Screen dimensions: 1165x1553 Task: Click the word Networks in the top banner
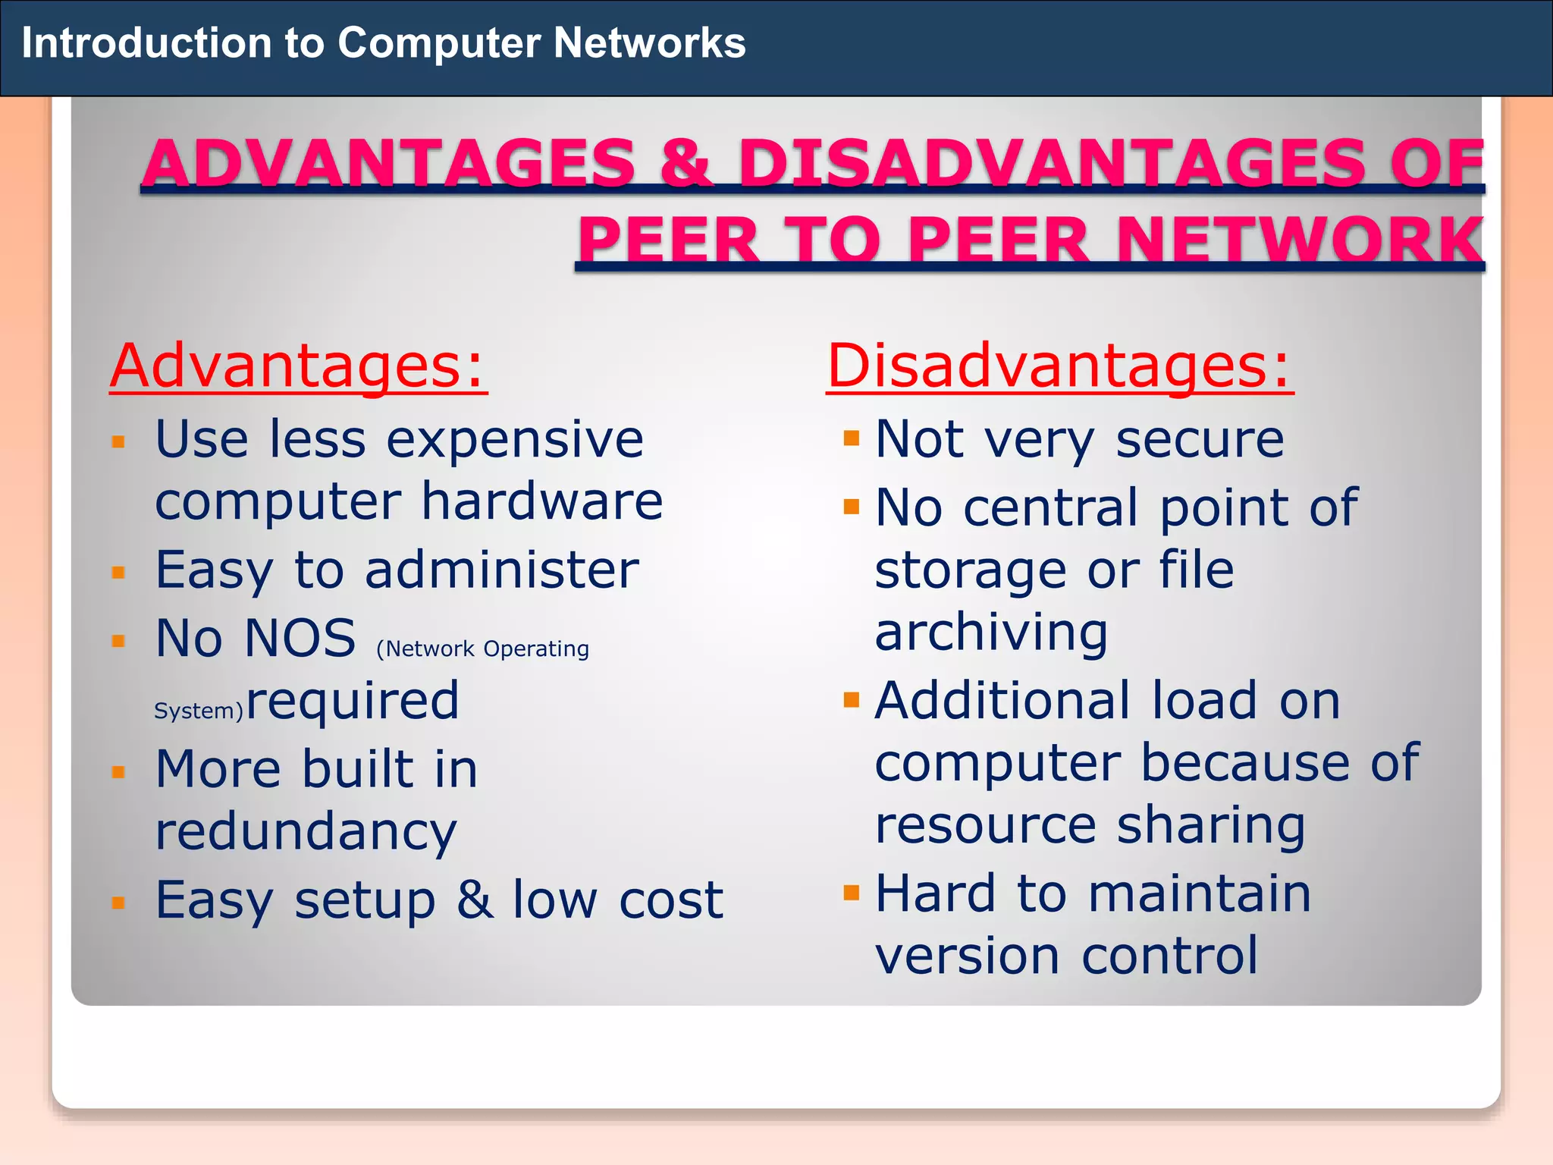649,42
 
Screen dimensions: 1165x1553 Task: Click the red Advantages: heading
298,366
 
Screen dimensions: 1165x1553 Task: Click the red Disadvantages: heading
1059,366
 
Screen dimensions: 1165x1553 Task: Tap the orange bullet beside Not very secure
852,438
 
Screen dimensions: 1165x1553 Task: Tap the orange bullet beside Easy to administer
118,572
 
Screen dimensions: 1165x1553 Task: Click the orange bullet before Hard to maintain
852,892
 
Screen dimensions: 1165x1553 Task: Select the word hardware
542,501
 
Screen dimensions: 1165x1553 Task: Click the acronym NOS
300,639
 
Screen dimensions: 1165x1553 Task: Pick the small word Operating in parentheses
535,649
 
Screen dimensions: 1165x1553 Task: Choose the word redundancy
306,832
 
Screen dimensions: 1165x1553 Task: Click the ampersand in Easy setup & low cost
474,900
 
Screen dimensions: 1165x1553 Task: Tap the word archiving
991,633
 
